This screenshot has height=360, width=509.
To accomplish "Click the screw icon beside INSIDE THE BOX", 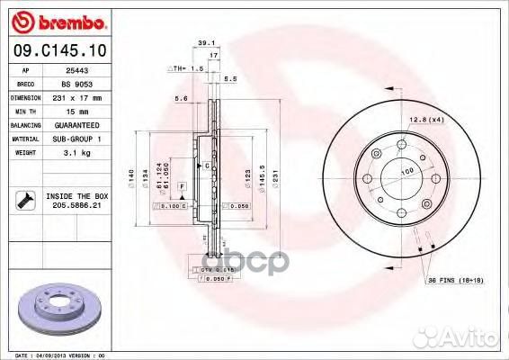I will [x=22, y=201].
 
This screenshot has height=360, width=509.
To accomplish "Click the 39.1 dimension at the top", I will [x=205, y=42].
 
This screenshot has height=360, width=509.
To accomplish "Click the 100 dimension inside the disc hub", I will [x=406, y=170].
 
